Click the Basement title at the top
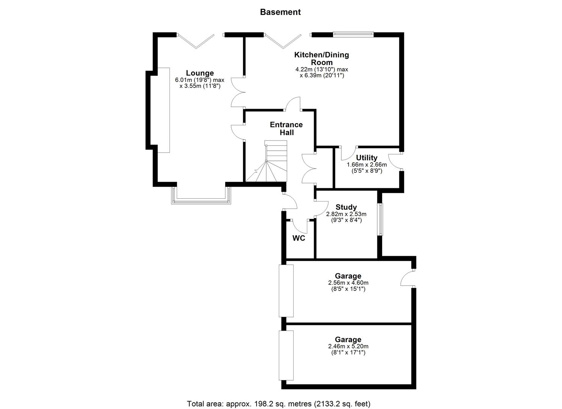[280, 12]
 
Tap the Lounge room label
[199, 73]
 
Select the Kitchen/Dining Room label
[321, 59]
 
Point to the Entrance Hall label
[286, 128]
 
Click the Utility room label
[366, 158]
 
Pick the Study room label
[346, 207]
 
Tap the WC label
[298, 238]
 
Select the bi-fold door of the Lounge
[196, 41]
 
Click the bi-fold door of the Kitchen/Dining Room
[283, 41]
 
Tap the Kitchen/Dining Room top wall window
[353, 34]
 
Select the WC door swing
[302, 226]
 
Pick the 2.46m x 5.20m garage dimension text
[348, 347]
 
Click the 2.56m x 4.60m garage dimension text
[348, 283]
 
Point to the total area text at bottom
[279, 403]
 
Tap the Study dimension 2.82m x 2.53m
[346, 214]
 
